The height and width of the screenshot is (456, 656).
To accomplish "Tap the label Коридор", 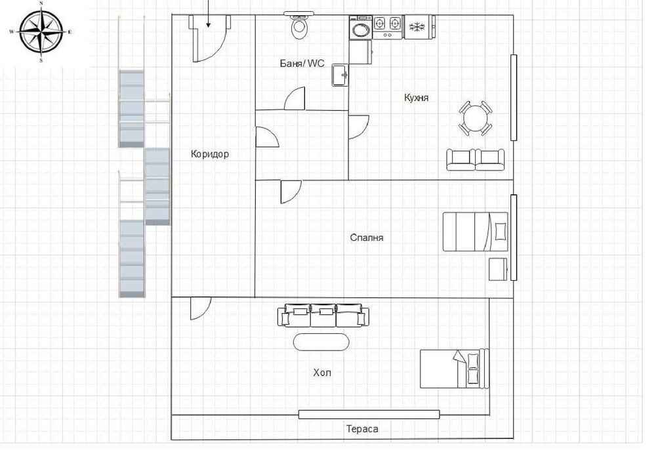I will [210, 154].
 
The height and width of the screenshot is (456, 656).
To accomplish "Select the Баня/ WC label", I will [298, 64].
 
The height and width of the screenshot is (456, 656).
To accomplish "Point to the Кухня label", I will [416, 97].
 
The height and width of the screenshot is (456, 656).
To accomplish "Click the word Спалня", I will [367, 238].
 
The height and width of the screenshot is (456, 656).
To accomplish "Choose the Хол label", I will [322, 373].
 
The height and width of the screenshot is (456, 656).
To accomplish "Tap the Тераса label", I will [362, 429].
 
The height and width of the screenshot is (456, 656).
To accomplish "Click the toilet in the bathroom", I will [299, 26].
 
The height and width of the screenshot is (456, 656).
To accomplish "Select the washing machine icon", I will [360, 30].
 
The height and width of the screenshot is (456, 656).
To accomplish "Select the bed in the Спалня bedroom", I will [476, 231].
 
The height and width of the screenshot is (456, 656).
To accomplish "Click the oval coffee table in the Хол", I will [321, 342].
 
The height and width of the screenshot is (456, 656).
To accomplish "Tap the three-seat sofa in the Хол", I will [321, 314].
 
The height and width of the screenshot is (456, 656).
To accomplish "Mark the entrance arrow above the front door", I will [209, 13].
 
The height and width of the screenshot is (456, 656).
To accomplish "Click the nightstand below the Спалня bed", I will [498, 269].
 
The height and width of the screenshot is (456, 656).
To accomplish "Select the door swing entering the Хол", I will [200, 308].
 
